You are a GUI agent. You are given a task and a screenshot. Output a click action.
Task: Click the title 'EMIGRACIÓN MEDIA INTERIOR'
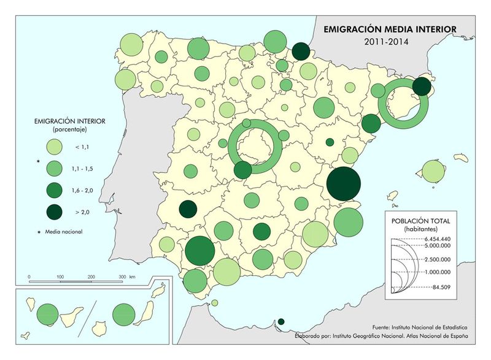pos(390,29)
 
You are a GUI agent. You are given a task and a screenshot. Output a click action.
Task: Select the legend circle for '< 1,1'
pos(54,147)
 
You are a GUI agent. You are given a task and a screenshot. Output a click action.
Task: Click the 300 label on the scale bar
pos(122,277)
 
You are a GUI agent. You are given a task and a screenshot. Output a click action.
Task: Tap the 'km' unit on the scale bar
pos(133,277)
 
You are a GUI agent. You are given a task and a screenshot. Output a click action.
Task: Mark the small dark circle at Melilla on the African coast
pos(281,322)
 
